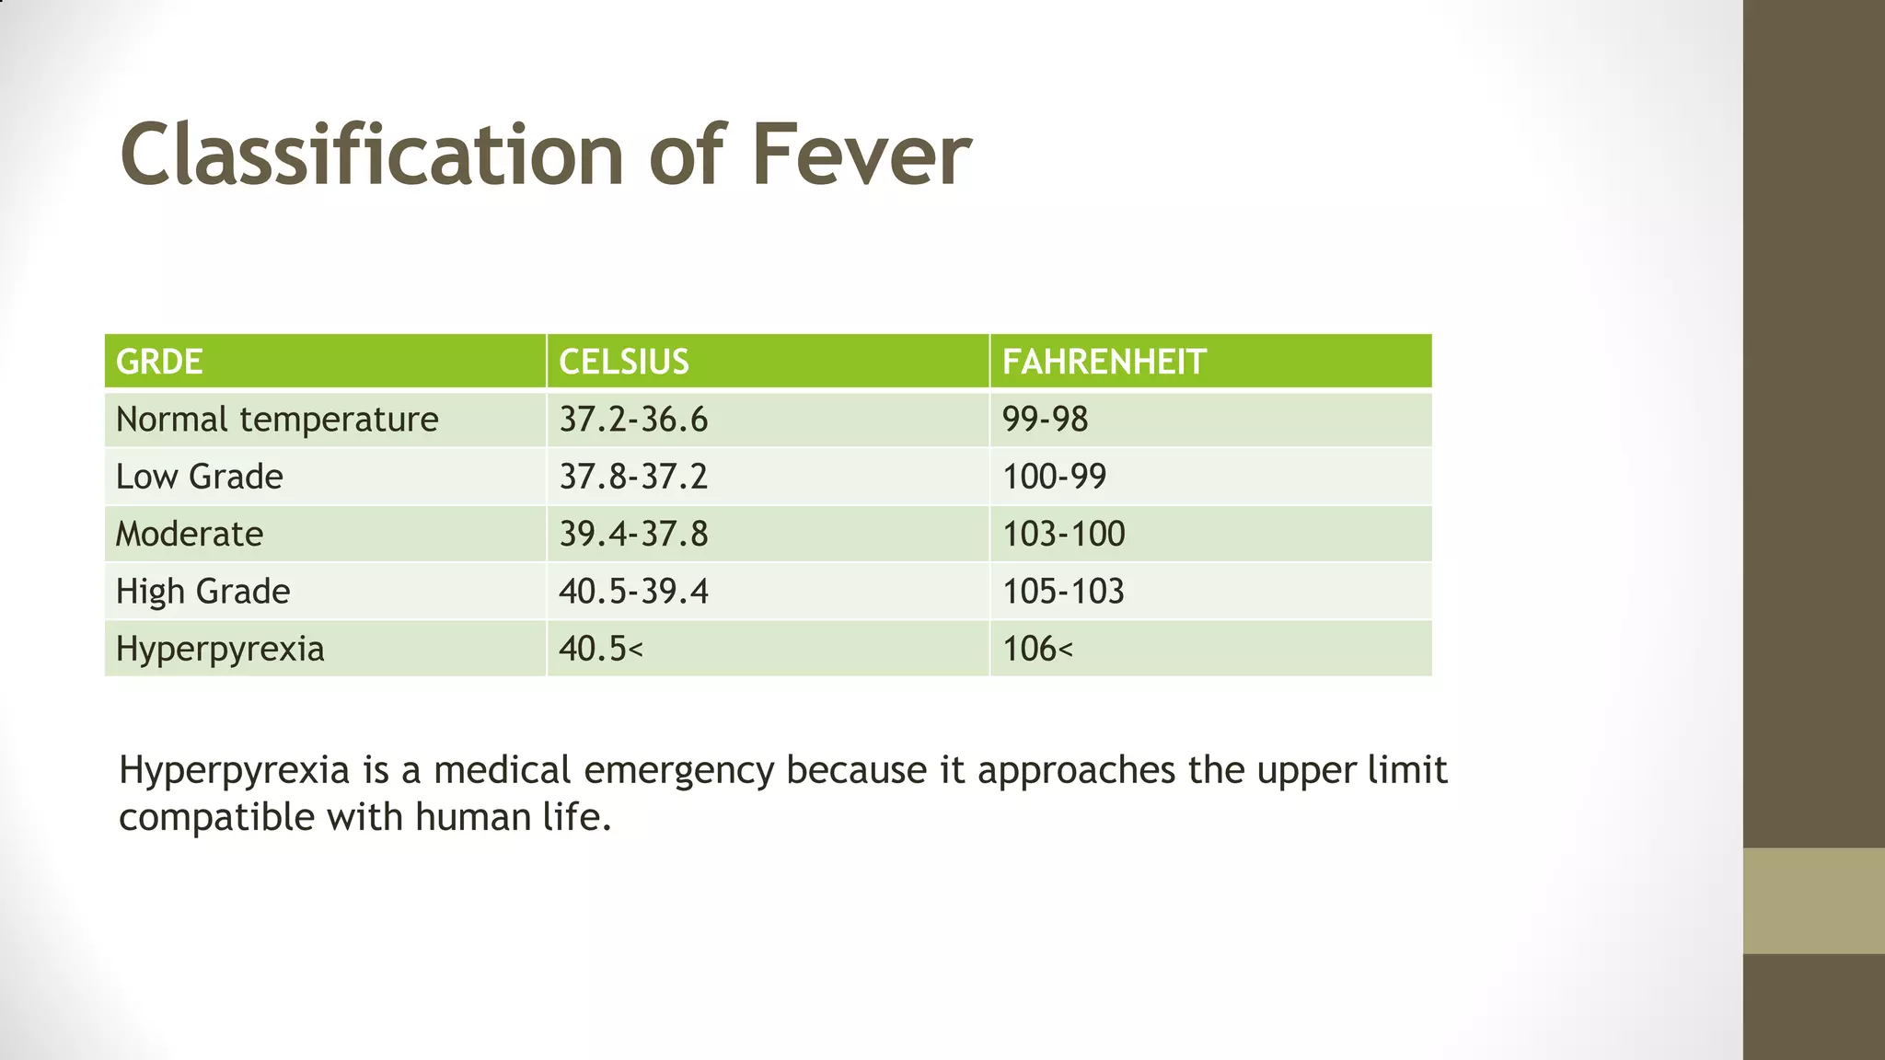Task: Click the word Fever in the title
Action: click(861, 155)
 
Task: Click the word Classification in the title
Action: click(374, 155)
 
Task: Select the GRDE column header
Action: click(159, 362)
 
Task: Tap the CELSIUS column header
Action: click(624, 362)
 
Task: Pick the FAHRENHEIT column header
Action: click(1104, 362)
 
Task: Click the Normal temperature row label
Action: click(277, 420)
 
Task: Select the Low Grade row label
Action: click(200, 477)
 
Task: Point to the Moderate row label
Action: click(190, 534)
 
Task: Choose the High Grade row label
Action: click(203, 591)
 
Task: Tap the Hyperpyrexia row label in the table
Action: click(220, 649)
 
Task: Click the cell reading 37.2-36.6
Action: click(634, 420)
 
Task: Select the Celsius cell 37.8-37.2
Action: click(634, 477)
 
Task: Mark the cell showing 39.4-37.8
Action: click(634, 534)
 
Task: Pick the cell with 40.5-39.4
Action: click(634, 591)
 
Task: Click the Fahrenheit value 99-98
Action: click(1046, 420)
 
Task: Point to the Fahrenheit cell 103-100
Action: click(1064, 534)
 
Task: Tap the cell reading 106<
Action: click(1038, 649)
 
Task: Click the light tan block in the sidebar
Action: click(1813, 901)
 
